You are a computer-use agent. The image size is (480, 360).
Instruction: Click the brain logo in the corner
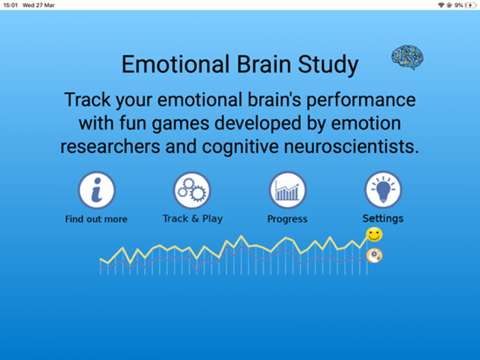(x=407, y=58)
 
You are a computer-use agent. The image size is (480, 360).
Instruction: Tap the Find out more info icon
(x=96, y=190)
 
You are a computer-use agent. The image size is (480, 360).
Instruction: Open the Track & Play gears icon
(x=192, y=190)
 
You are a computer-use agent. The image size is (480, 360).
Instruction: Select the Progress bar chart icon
(x=287, y=190)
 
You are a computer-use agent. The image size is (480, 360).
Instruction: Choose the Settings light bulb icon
(x=383, y=190)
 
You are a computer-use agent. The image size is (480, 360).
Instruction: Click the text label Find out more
(x=96, y=219)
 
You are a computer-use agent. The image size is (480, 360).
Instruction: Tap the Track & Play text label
(x=192, y=218)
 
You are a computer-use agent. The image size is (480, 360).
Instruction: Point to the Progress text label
(x=287, y=219)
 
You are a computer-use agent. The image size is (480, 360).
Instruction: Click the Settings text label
(x=383, y=218)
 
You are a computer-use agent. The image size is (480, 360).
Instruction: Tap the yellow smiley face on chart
(x=374, y=235)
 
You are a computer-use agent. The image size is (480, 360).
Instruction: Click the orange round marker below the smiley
(x=374, y=255)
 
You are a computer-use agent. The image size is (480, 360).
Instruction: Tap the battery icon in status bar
(x=471, y=5)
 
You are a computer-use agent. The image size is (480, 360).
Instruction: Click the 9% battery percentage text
(x=458, y=5)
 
